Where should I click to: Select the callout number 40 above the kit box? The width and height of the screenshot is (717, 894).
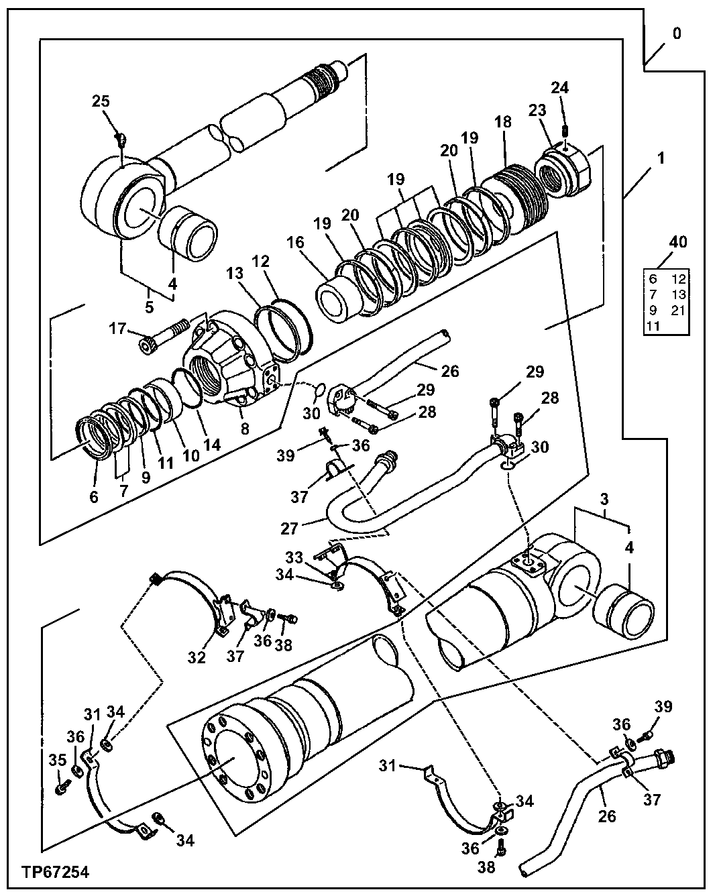[x=678, y=242]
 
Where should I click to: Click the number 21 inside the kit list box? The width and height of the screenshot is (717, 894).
[x=678, y=310]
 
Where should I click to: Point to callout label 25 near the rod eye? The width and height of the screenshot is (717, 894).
[x=100, y=102]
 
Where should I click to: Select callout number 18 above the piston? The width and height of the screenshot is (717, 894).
[x=503, y=122]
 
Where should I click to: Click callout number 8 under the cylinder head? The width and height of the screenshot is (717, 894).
[x=245, y=428]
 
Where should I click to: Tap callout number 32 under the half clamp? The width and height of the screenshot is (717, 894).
[x=196, y=657]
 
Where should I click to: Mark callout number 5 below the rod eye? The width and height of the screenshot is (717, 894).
[x=149, y=307]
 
